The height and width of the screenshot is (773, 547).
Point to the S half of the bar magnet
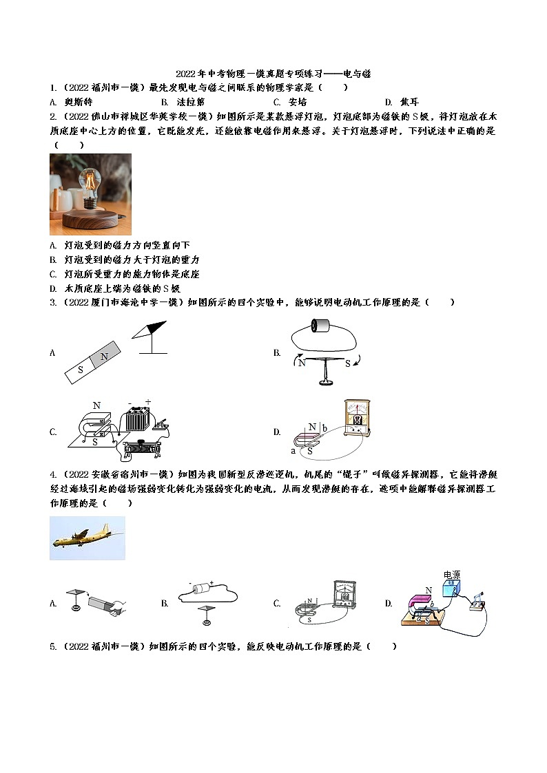coord(81,370)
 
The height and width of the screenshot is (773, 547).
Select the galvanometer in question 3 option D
coord(357,418)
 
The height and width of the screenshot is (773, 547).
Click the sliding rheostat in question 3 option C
coord(145,447)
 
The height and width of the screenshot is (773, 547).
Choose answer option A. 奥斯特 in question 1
coord(68,101)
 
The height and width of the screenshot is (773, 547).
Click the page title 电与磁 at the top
coord(357,74)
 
